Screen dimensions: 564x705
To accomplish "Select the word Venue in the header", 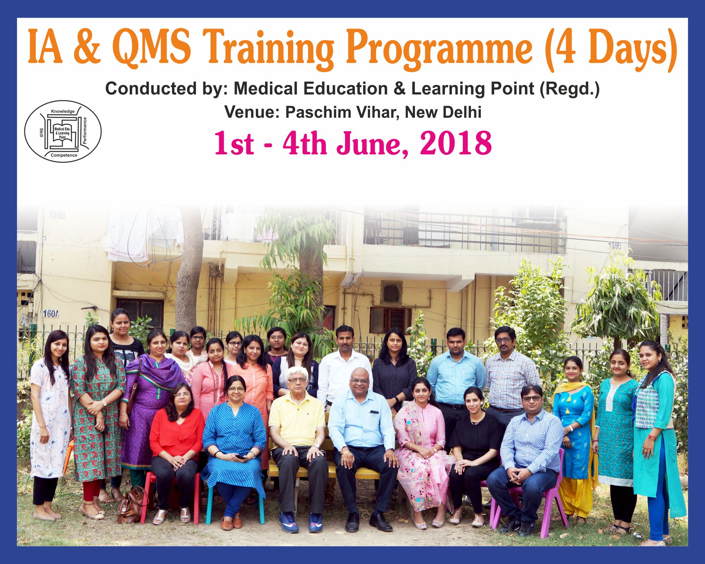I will coord(252,112).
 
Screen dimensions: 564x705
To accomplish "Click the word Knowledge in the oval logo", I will coord(63,111).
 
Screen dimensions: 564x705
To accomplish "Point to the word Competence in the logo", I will coord(64,155).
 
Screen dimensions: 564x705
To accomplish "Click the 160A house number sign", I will coord(51,313).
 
